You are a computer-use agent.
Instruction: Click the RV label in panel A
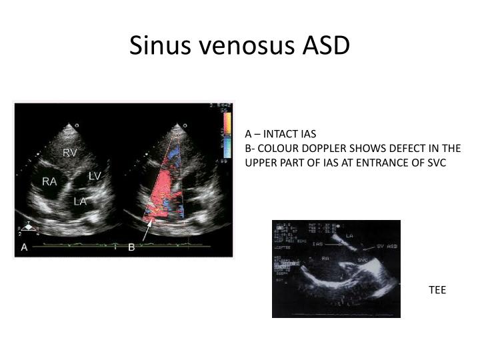pyautogui.click(x=70, y=153)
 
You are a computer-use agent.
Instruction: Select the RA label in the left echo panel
pyautogui.click(x=49, y=181)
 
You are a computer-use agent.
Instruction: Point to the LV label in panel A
pyautogui.click(x=95, y=175)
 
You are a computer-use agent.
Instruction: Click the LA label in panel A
pyautogui.click(x=80, y=201)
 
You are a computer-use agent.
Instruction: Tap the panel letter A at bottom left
pyautogui.click(x=24, y=247)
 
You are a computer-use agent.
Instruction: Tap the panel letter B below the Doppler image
pyautogui.click(x=131, y=247)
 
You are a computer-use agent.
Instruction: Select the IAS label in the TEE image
pyautogui.click(x=317, y=244)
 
